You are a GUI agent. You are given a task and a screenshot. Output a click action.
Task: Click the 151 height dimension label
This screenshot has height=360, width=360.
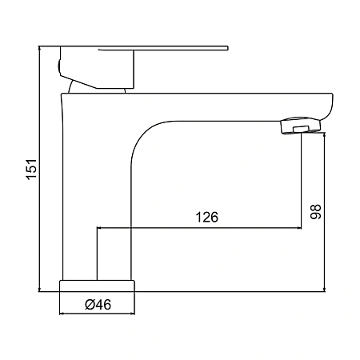32,169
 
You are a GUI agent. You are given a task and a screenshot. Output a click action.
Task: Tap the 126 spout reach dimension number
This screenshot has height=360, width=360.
207,217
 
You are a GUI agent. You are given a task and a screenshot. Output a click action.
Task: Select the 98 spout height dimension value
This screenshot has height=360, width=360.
316,212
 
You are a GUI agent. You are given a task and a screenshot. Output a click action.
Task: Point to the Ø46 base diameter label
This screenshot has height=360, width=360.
98,305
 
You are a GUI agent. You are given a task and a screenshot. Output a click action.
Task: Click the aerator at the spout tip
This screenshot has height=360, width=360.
301,126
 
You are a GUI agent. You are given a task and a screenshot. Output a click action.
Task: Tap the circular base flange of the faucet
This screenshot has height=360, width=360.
97,286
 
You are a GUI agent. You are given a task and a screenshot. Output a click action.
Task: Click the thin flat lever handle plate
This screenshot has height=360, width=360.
163,48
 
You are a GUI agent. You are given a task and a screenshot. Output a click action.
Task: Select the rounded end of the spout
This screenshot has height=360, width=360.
327,106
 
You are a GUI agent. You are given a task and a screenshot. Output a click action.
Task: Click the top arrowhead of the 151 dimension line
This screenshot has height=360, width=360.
39,48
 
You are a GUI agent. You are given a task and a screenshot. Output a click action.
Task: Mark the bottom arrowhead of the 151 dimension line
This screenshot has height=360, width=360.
39,290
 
